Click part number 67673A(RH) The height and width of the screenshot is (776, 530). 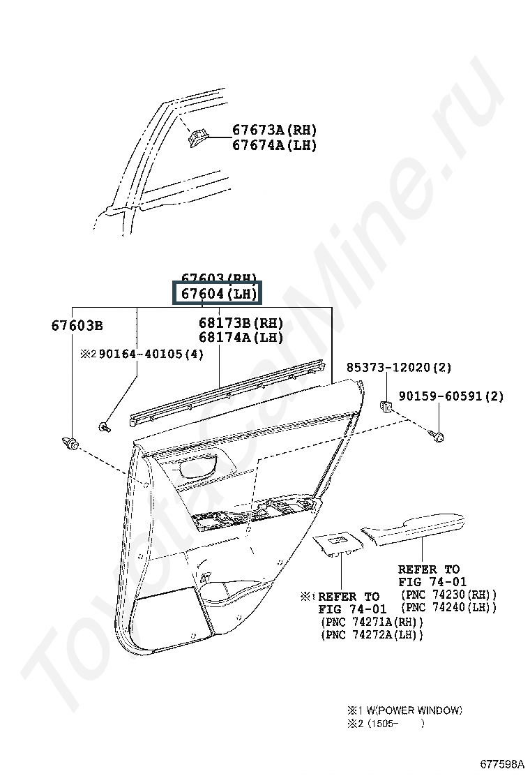click(x=274, y=130)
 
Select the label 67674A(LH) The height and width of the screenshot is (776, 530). click(x=274, y=145)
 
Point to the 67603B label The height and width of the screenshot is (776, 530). click(x=77, y=325)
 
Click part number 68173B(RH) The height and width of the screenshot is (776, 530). click(x=241, y=323)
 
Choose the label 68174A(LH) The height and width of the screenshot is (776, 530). click(x=241, y=338)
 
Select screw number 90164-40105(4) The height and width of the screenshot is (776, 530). click(x=151, y=354)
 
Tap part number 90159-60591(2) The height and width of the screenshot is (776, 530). click(x=451, y=396)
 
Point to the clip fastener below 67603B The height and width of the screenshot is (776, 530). click(x=70, y=442)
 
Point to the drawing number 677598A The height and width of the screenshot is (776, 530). click(x=501, y=762)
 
